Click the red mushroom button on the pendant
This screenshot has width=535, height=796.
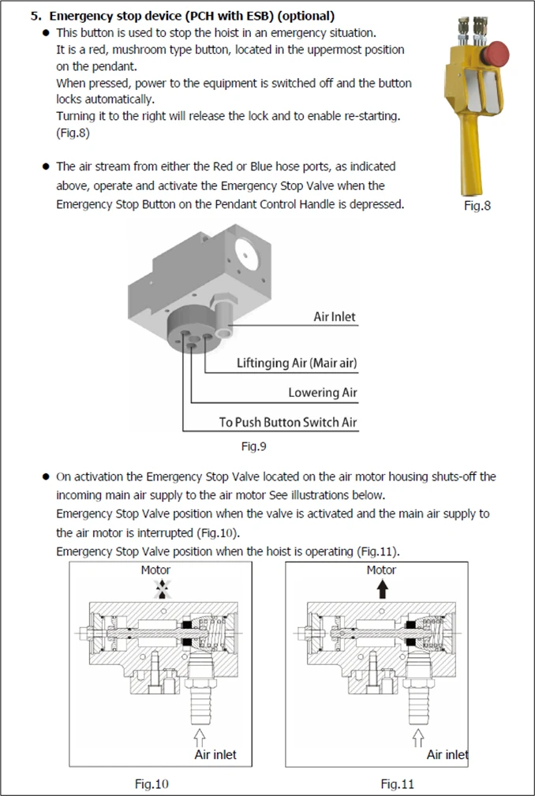pyautogui.click(x=495, y=54)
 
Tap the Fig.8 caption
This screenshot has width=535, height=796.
pyautogui.click(x=477, y=206)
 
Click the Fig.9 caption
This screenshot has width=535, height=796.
pyautogui.click(x=253, y=447)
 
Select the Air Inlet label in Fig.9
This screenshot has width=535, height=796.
pyautogui.click(x=335, y=317)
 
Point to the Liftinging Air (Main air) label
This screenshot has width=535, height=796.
pyautogui.click(x=297, y=363)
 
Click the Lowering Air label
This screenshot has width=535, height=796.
pyautogui.click(x=323, y=392)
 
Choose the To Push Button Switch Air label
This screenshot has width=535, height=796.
pyautogui.click(x=288, y=422)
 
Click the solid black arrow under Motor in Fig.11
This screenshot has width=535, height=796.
pyautogui.click(x=383, y=589)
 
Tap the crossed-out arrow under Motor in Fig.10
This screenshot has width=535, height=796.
pyautogui.click(x=163, y=589)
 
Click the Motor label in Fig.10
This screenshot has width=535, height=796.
pyautogui.click(x=155, y=570)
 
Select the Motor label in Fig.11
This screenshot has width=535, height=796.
pyautogui.click(x=381, y=570)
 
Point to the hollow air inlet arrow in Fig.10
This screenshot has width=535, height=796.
pyautogui.click(x=200, y=738)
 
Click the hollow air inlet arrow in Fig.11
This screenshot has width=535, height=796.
pyautogui.click(x=417, y=738)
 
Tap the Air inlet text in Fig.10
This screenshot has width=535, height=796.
pyautogui.click(x=215, y=755)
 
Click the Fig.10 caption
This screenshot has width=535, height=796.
pyautogui.click(x=152, y=784)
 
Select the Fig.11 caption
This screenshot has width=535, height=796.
pyautogui.click(x=398, y=784)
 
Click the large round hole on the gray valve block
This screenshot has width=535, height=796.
pyautogui.click(x=247, y=254)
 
